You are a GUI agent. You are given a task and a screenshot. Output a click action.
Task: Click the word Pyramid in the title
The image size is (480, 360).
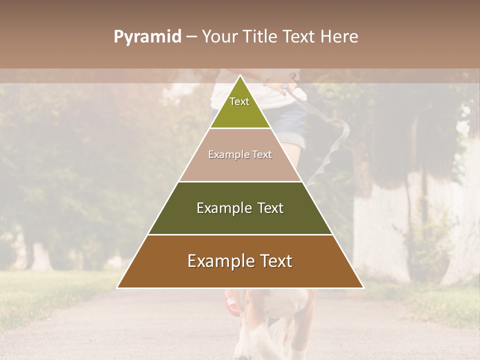(x=147, y=37)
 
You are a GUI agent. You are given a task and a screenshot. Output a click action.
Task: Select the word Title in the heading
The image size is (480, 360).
(x=260, y=37)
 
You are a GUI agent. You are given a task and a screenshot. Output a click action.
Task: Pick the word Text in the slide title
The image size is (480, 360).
(x=300, y=37)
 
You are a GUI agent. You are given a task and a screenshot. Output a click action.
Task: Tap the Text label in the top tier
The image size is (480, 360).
(x=239, y=101)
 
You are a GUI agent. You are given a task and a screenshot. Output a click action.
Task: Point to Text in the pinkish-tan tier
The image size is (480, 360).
(x=262, y=154)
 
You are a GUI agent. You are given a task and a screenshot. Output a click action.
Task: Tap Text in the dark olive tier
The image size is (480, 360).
(x=270, y=208)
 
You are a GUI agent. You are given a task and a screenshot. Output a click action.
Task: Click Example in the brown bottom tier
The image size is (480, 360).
(x=220, y=261)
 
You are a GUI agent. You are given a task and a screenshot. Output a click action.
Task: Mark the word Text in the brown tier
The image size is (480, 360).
(x=275, y=261)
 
